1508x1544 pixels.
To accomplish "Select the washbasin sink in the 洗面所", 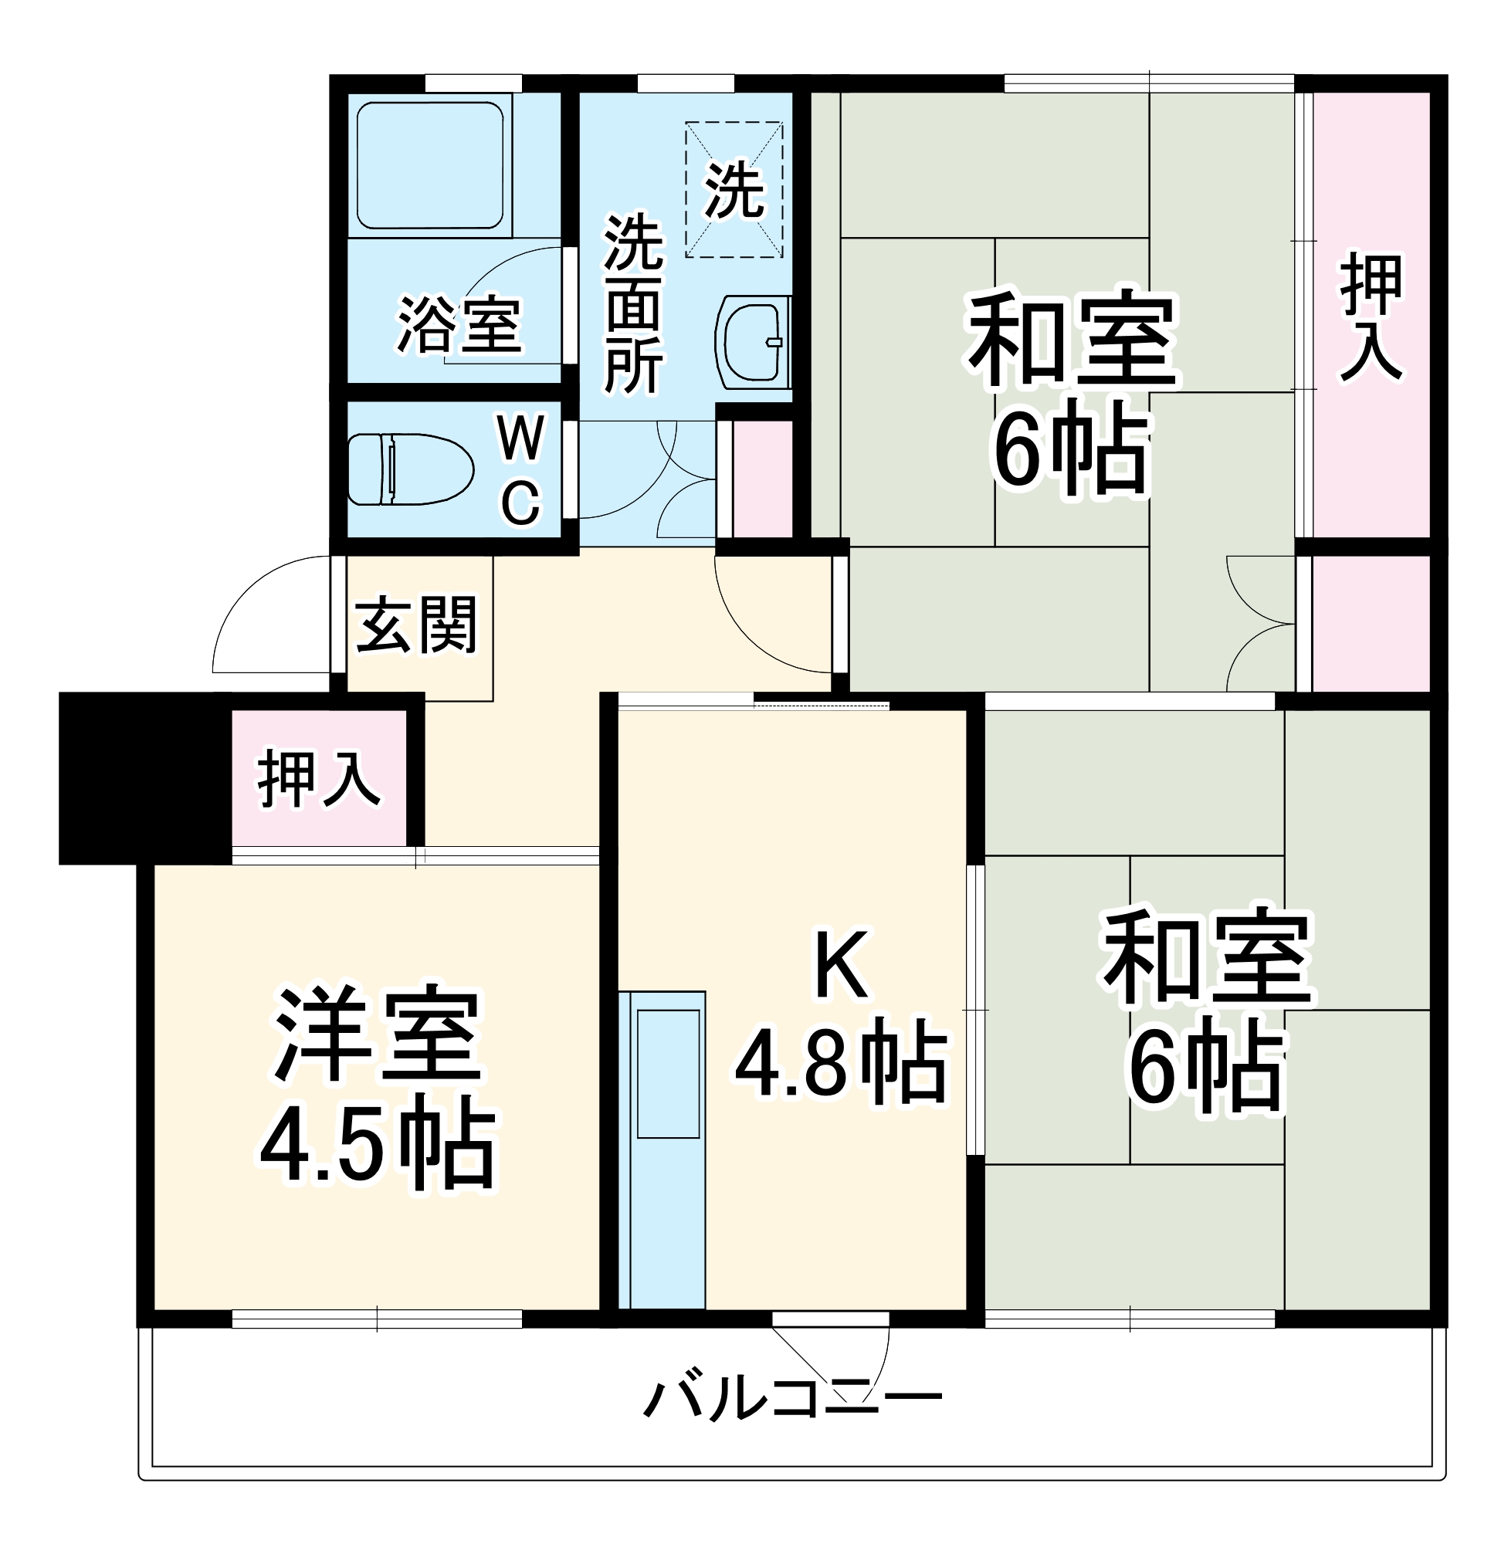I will pyautogui.click(x=753, y=343).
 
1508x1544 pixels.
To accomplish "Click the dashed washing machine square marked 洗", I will pyautogui.click(x=734, y=189).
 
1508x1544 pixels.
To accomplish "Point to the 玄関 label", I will pyautogui.click(x=417, y=625).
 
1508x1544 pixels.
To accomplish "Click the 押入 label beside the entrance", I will pyautogui.click(x=319, y=779).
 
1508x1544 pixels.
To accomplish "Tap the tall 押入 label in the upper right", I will pyautogui.click(x=1371, y=317).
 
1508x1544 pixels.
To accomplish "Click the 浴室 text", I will pyautogui.click(x=459, y=325).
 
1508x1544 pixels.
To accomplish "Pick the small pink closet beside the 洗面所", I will pyautogui.click(x=762, y=479).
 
